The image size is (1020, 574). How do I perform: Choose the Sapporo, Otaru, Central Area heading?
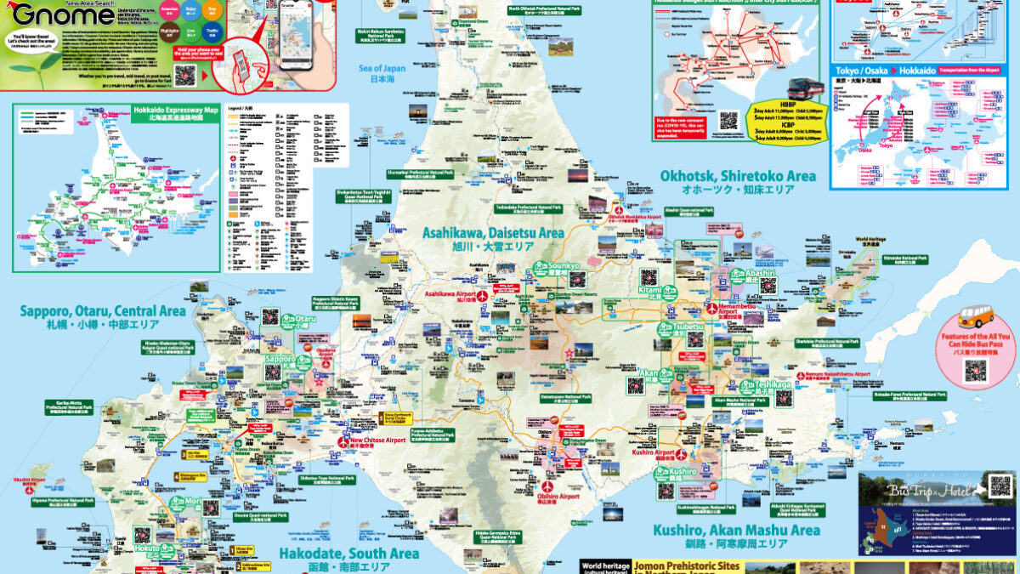103,311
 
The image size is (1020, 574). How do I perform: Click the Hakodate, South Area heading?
348,554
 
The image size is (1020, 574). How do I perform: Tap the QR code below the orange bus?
975,371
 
